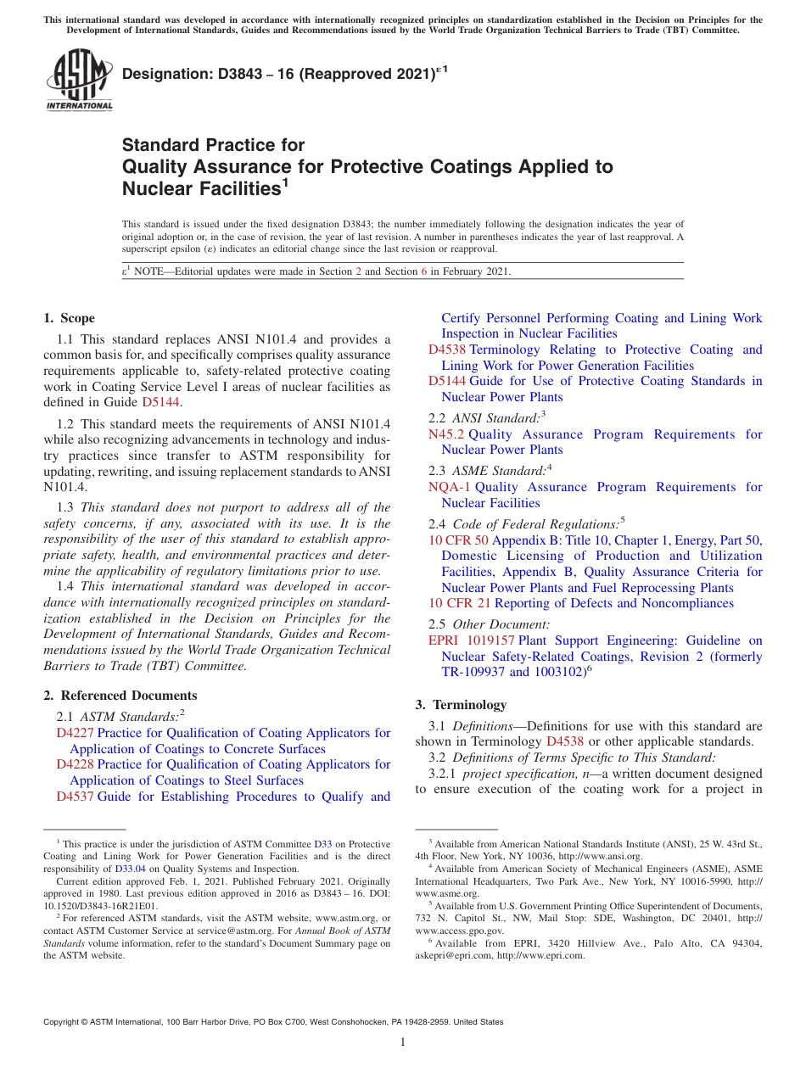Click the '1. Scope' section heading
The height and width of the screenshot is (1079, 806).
(x=70, y=318)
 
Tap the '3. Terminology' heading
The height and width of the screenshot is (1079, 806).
(x=461, y=704)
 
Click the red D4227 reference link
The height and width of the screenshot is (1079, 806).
(x=75, y=733)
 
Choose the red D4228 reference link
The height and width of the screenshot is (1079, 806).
(x=75, y=764)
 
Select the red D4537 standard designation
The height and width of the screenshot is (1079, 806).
(x=75, y=797)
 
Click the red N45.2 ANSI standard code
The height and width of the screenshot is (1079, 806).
(x=446, y=434)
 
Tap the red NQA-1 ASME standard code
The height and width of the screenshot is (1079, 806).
(x=449, y=487)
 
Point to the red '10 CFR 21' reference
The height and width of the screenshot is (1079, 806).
(x=459, y=603)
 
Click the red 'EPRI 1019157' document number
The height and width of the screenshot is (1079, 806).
(x=472, y=640)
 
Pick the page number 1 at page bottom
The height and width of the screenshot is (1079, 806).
(x=403, y=1043)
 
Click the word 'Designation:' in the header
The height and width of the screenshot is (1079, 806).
(x=160, y=75)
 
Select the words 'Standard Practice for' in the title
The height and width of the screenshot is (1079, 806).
(x=213, y=144)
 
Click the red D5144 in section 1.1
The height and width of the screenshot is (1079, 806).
(x=161, y=402)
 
